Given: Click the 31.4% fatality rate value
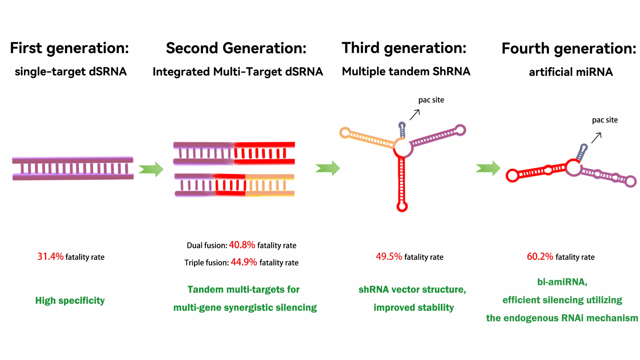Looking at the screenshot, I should coord(50,257).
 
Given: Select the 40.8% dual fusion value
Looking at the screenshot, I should coord(242,245).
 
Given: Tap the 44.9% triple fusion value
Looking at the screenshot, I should coord(244,262).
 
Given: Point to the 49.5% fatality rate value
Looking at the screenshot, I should coord(389,257).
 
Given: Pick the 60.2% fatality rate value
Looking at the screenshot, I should coord(540,257).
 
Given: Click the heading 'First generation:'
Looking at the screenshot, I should coord(69,48).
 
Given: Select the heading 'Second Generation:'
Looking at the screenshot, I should coord(236,48).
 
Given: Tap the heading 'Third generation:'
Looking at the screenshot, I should coord(404,48).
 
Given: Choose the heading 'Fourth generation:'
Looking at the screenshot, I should coord(569,49).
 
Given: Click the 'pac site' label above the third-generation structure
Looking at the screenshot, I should coord(431,100).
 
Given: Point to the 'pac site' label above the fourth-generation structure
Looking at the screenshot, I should coord(605,120).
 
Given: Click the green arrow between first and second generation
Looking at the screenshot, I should coord(151,169).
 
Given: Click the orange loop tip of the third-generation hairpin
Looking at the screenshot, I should coord(345,132).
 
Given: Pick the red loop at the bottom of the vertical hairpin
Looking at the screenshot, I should coord(402,207).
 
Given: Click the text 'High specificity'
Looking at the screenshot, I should coord(70,300).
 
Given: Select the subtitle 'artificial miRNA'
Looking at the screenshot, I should coord(571,72).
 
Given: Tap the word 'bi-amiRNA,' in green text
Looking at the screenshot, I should coord(562,282).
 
